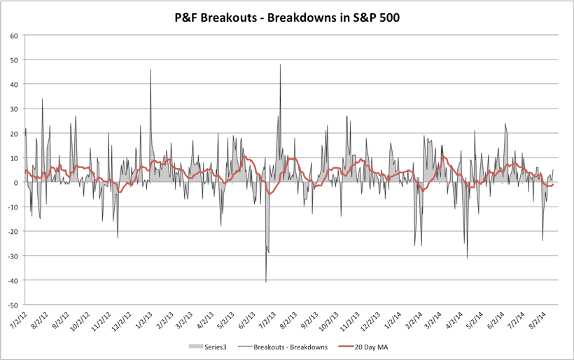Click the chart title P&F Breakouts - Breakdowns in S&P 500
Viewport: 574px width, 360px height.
pos(287,17)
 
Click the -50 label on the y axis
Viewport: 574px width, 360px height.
pos(13,305)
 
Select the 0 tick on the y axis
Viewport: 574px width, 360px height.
pos(16,182)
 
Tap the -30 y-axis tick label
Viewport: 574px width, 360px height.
pos(13,256)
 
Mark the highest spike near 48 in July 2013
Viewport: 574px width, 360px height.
pos(280,64)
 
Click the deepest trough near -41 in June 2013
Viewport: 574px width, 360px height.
pos(266,282)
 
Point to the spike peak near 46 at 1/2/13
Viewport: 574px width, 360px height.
pos(150,69)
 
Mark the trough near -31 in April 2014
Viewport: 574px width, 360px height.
pos(467,258)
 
